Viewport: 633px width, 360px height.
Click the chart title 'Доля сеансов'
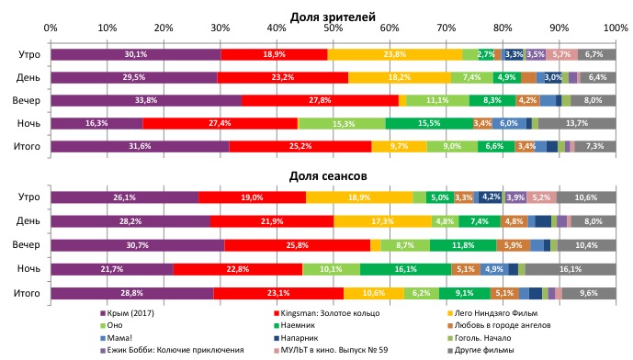tap(333, 174)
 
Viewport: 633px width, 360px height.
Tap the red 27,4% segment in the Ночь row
tap(220, 123)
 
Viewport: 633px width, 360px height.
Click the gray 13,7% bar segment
tap(577, 123)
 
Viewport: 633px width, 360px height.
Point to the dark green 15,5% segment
tap(428, 123)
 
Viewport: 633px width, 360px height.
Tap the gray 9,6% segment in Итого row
tap(589, 293)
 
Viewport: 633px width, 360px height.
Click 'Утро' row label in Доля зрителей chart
tap(28, 55)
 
